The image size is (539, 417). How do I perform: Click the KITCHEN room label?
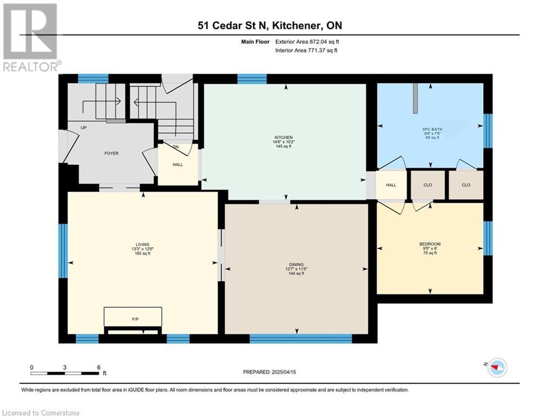[x=283, y=137]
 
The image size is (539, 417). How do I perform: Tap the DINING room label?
[x=296, y=265]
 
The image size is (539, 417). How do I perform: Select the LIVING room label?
[x=142, y=244]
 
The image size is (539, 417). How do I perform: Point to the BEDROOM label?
[x=429, y=244]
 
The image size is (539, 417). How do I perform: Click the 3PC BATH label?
[x=432, y=129]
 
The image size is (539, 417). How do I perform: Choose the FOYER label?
[x=111, y=153]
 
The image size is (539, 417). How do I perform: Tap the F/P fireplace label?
[x=135, y=319]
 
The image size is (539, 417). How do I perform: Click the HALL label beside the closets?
[x=391, y=185]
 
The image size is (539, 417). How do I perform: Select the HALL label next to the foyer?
[x=178, y=165]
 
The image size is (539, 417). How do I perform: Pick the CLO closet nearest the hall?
[x=428, y=185]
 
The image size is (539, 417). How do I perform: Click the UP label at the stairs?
[x=84, y=128]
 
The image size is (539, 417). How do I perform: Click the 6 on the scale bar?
[x=99, y=367]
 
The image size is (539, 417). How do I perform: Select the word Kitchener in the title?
[x=294, y=26]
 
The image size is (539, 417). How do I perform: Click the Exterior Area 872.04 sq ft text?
[x=307, y=42]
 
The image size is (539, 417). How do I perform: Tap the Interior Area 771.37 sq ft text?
[x=306, y=50]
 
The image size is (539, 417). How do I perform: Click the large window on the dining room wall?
[x=301, y=338]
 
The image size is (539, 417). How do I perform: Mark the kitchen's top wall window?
[x=252, y=79]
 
